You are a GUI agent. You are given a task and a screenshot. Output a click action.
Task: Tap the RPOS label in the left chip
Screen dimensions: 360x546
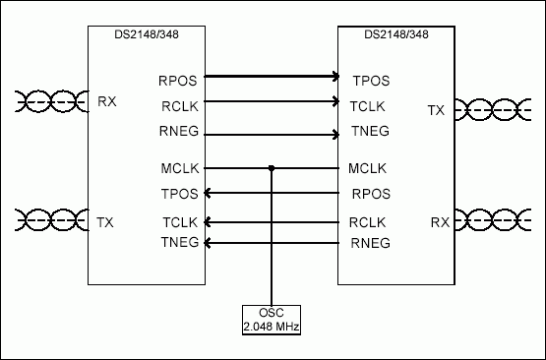pyautogui.click(x=177, y=78)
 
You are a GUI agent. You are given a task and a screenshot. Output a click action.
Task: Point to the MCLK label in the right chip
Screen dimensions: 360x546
pyautogui.click(x=368, y=168)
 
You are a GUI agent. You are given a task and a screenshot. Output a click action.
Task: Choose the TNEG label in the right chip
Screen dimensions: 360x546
pyautogui.click(x=370, y=131)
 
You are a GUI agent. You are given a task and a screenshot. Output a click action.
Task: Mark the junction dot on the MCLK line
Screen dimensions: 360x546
pyautogui.click(x=272, y=168)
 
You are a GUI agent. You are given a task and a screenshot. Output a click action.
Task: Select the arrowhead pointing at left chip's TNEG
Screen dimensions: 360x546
pyautogui.click(x=209, y=242)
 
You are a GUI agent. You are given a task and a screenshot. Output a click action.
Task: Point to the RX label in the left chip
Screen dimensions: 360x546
pyautogui.click(x=107, y=100)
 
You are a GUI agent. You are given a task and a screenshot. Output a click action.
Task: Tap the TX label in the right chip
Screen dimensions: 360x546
pyautogui.click(x=437, y=111)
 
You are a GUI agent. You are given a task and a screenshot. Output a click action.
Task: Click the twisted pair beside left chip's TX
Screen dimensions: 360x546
pyautogui.click(x=43, y=218)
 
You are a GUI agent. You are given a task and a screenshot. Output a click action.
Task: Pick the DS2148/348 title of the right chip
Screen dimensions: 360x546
pyautogui.click(x=395, y=36)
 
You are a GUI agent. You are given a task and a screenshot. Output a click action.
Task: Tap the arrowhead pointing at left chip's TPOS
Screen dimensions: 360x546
pyautogui.click(x=209, y=193)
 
